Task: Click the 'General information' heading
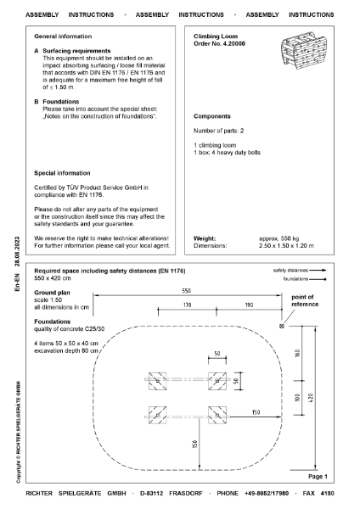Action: pyautogui.click(x=67, y=37)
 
